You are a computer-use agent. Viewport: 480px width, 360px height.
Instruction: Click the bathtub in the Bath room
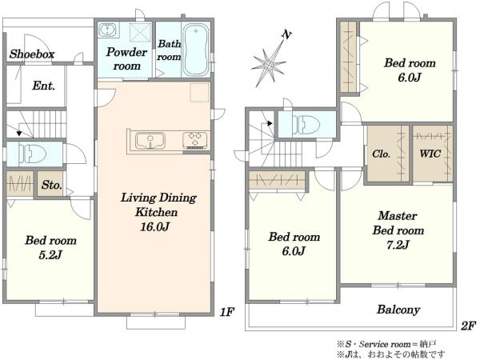pyautogui.click(x=195, y=50)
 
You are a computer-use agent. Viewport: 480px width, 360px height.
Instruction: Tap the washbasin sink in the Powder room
pyautogui.click(x=107, y=30)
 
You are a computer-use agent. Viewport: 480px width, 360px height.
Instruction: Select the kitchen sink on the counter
pyautogui.click(x=150, y=141)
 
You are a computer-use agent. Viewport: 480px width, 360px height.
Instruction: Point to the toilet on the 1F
pyautogui.click(x=32, y=154)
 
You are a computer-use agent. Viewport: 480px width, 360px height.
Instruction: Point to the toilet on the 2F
pyautogui.click(x=306, y=125)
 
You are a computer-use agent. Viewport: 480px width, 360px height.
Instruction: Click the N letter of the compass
pyautogui.click(x=286, y=35)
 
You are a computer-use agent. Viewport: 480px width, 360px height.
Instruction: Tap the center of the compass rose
pyautogui.click(x=269, y=66)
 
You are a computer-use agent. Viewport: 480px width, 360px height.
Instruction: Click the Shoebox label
pyautogui.click(x=31, y=54)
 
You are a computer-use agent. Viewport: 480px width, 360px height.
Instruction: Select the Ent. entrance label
pyautogui.click(x=43, y=86)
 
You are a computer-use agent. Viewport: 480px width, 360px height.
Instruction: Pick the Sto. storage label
pyautogui.click(x=51, y=185)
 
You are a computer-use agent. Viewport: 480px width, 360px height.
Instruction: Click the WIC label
pyautogui.click(x=430, y=154)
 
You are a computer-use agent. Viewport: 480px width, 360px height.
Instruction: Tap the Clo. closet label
pyautogui.click(x=381, y=154)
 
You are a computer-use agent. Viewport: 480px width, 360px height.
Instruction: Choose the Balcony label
pyautogui.click(x=398, y=310)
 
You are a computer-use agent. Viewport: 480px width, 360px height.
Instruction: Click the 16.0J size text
pyautogui.click(x=155, y=226)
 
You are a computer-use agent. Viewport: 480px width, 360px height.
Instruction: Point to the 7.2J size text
pyautogui.click(x=398, y=245)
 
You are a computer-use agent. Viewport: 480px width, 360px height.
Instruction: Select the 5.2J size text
pyautogui.click(x=50, y=254)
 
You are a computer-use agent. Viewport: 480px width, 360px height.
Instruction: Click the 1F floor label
pyautogui.click(x=227, y=312)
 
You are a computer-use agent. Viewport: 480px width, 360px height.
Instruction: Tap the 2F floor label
pyautogui.click(x=468, y=326)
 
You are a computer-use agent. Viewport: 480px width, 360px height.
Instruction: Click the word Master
pyautogui.click(x=398, y=215)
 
